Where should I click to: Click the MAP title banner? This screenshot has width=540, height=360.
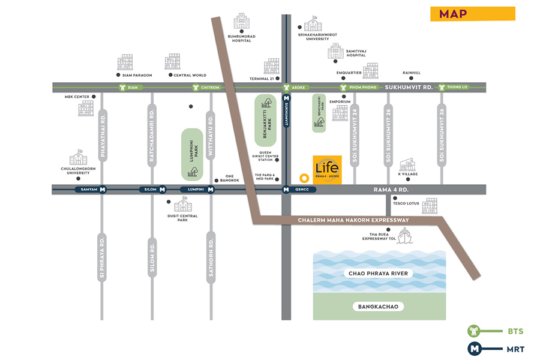(x=472, y=14)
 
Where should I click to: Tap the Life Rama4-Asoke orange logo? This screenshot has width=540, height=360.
(x=328, y=169)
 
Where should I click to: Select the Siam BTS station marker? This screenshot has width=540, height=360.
(x=122, y=87)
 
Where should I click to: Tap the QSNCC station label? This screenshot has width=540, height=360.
(x=301, y=190)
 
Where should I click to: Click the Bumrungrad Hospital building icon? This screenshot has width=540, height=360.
(x=242, y=22)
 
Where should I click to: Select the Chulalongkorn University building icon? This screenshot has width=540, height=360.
(x=78, y=158)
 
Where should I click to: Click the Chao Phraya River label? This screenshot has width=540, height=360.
(x=378, y=274)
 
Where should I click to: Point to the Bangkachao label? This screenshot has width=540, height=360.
(x=378, y=307)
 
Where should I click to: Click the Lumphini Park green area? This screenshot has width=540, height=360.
(x=192, y=154)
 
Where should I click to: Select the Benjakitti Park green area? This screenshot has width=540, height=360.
(x=265, y=121)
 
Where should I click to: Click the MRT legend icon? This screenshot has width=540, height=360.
(x=475, y=348)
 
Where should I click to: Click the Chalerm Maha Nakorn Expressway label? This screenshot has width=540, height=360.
(x=353, y=220)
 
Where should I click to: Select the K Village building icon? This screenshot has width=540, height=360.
(x=407, y=166)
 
